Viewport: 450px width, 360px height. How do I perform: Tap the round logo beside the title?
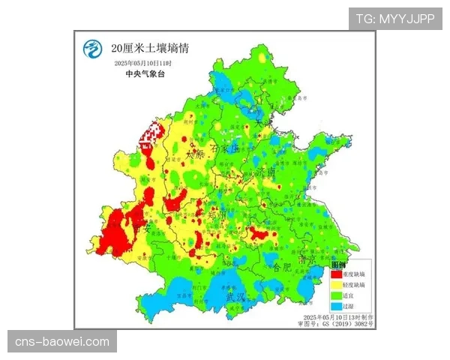[92, 50]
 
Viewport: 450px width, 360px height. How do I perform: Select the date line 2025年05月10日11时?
[143, 64]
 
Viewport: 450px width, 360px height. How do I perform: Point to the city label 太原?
[193, 155]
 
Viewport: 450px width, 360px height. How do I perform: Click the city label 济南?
[266, 172]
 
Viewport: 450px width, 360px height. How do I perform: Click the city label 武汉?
[235, 297]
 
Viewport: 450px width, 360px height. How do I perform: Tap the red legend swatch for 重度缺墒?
[337, 274]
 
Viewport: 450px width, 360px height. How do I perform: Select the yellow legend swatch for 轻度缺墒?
[337, 285]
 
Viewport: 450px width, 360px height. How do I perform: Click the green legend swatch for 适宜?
[337, 295]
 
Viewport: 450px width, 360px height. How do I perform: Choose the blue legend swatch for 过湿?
[337, 306]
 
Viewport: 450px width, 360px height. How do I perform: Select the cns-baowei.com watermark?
[62, 342]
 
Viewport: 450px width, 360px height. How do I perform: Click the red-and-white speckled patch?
[151, 136]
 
